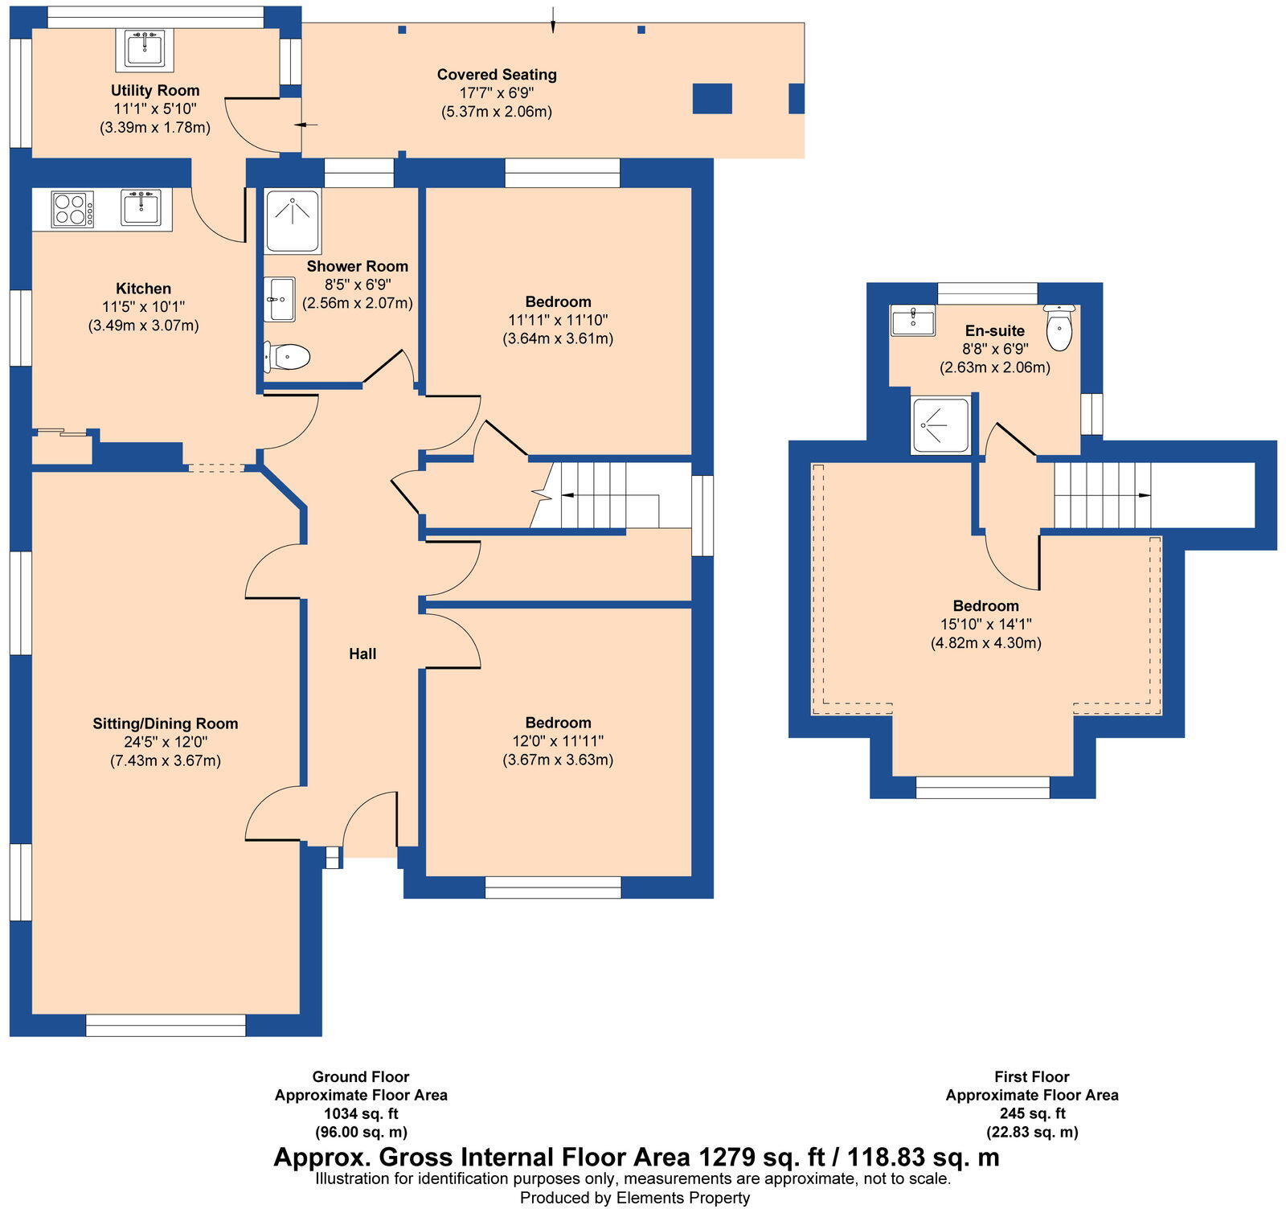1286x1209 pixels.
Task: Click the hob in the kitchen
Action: pyautogui.click(x=72, y=209)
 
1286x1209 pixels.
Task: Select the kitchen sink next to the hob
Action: pyautogui.click(x=141, y=207)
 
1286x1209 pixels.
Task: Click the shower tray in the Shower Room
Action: pyautogui.click(x=293, y=220)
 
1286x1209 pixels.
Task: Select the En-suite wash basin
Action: pyautogui.click(x=912, y=320)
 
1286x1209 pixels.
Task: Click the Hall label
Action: pyautogui.click(x=362, y=654)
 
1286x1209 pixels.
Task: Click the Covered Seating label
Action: pyautogui.click(x=497, y=75)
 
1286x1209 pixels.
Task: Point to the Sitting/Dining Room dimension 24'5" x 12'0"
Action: pyautogui.click(x=166, y=742)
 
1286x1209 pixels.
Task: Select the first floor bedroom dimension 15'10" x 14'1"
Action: pyautogui.click(x=985, y=625)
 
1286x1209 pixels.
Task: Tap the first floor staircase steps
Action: pyautogui.click(x=1101, y=494)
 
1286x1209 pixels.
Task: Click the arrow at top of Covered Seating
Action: pyautogui.click(x=553, y=20)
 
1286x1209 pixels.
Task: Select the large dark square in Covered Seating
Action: pyautogui.click(x=712, y=98)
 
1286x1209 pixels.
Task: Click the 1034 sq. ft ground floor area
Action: pyautogui.click(x=361, y=1114)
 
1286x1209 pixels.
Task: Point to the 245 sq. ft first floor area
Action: pyautogui.click(x=1032, y=1114)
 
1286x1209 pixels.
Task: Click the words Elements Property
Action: pyautogui.click(x=682, y=1199)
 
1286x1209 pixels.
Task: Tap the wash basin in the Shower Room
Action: pyautogui.click(x=279, y=300)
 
